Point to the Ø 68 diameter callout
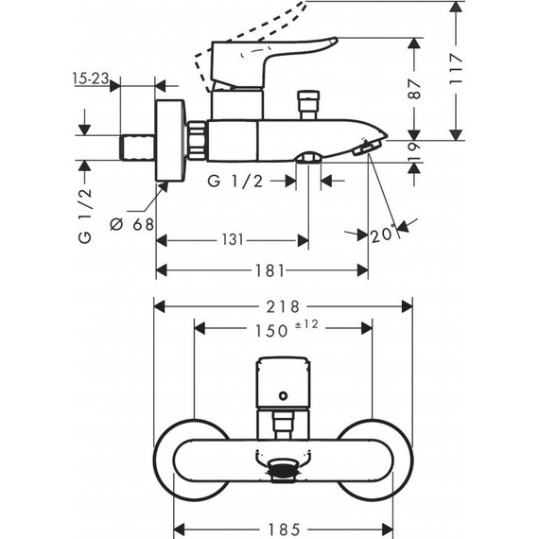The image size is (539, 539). [x=130, y=225]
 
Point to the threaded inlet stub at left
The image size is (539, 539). [x=138, y=148]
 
